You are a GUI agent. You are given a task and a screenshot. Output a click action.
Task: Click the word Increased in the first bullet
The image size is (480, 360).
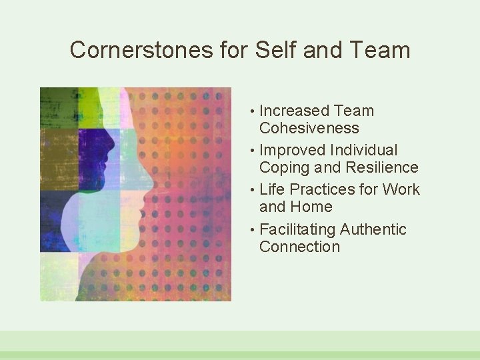click(x=294, y=111)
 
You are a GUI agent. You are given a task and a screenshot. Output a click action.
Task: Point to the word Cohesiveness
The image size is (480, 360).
click(x=309, y=128)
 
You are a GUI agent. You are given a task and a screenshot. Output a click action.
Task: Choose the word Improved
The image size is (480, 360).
click(x=291, y=150)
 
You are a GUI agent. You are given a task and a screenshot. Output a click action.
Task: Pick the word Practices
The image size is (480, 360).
click(x=322, y=189)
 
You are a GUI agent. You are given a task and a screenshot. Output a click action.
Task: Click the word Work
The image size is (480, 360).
click(x=401, y=189)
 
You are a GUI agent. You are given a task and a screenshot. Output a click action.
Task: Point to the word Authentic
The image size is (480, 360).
click(x=373, y=229)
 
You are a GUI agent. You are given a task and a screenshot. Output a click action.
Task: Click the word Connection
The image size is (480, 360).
click(x=299, y=247)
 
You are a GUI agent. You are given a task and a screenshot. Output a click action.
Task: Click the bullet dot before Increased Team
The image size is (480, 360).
click(x=253, y=112)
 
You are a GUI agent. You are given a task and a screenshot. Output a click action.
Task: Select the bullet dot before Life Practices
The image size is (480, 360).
click(x=253, y=191)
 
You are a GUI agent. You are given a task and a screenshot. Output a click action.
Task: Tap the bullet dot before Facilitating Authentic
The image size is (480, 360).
click(x=253, y=231)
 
